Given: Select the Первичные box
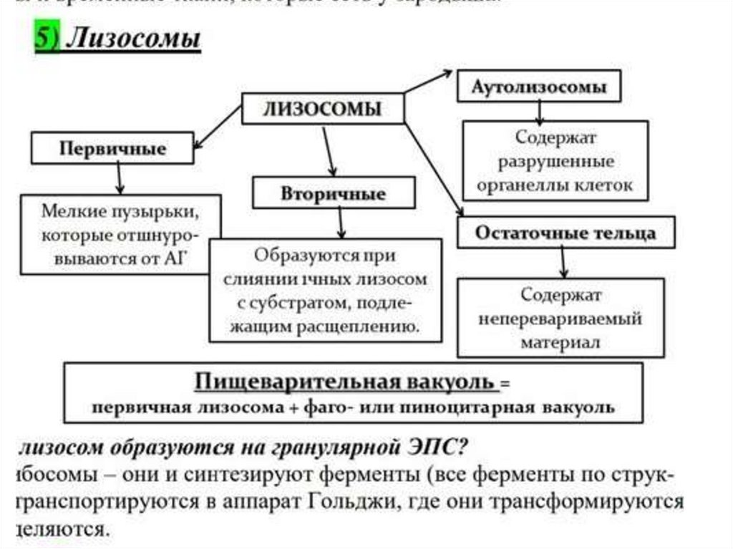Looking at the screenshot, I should (x=112, y=149).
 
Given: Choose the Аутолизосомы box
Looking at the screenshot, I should (x=538, y=87).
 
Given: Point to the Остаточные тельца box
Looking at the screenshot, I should (x=565, y=233).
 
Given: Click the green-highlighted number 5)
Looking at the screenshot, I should (x=48, y=39).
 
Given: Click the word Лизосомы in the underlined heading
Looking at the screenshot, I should (x=133, y=39).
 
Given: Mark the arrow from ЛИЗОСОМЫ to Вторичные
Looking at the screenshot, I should (x=327, y=150).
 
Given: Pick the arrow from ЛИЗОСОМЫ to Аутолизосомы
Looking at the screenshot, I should (x=428, y=81).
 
